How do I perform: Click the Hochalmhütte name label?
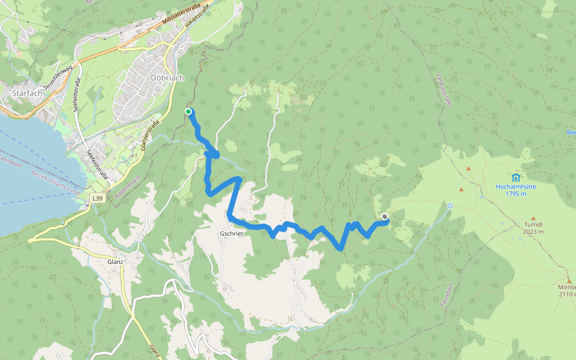[x=515, y=187]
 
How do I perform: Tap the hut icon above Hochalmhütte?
[x=515, y=177]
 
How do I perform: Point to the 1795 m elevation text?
[x=515, y=194]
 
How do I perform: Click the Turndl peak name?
[x=533, y=224]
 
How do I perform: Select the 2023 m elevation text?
[x=533, y=232]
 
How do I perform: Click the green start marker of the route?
[x=188, y=112]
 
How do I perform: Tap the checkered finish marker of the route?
[x=385, y=217]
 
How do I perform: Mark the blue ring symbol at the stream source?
[x=450, y=206]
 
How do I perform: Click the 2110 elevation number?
[x=567, y=294]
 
